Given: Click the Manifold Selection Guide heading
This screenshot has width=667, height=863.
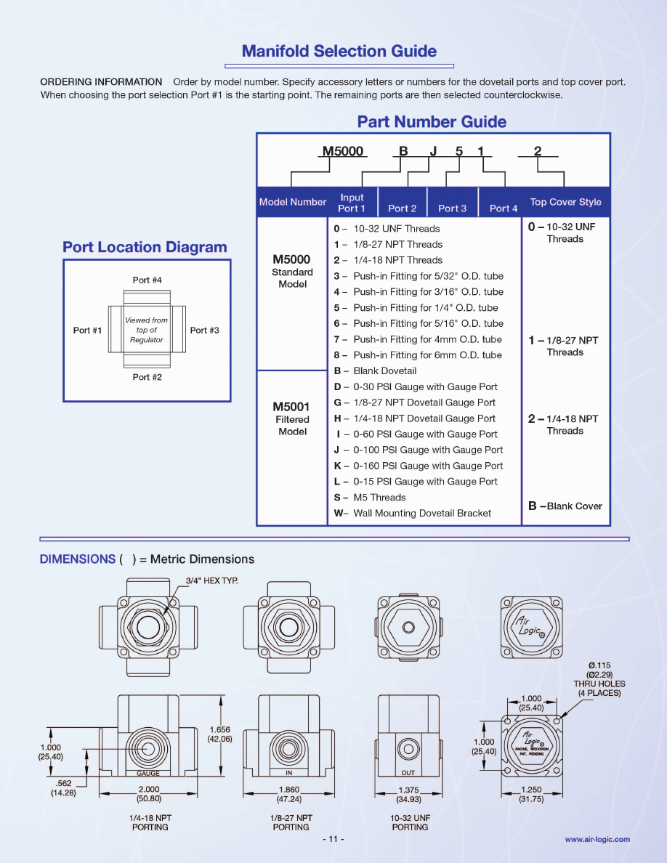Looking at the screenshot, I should (339, 52).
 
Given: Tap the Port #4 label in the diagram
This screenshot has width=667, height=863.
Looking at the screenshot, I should (147, 280).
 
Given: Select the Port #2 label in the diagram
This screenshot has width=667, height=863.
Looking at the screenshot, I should (147, 378).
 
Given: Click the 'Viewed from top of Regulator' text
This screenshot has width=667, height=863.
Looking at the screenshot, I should (146, 330).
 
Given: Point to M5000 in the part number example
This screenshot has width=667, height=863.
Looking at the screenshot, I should (343, 151).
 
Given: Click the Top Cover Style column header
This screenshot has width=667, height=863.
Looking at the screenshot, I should (565, 203).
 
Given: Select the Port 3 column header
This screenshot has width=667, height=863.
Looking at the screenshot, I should (452, 208).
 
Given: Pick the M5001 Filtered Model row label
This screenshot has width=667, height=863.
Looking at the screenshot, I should (292, 419).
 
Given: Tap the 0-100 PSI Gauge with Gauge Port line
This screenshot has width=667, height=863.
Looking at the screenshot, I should (419, 450).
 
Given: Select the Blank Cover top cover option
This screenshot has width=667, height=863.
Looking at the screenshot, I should (566, 506).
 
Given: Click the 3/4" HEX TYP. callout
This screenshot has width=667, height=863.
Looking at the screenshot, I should (211, 580).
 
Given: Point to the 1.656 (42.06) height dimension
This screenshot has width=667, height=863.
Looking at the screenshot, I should (219, 734).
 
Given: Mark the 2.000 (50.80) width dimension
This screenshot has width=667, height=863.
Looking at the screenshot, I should (149, 794).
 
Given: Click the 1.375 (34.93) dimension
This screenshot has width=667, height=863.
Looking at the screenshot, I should (409, 794).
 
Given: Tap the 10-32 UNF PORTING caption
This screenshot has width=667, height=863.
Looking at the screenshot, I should (410, 822).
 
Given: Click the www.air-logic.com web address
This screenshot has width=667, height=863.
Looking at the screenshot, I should (597, 839).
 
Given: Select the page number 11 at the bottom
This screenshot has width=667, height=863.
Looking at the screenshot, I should (333, 839).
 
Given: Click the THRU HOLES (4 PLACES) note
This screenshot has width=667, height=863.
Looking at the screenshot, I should (599, 688).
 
